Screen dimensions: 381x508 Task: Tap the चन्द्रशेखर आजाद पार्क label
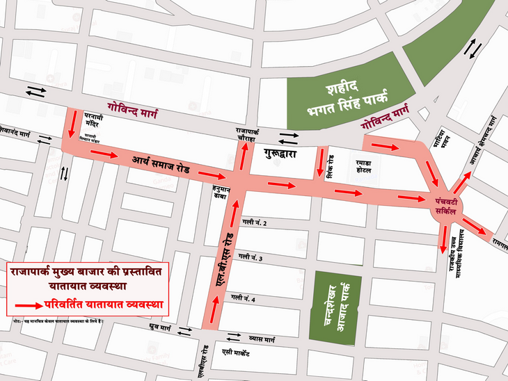[x=335, y=307]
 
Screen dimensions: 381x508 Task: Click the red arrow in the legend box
[x=27, y=305]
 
